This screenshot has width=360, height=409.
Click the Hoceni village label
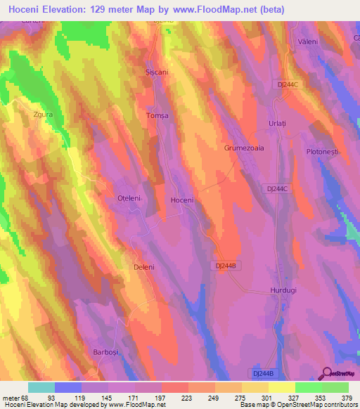coord(181,200)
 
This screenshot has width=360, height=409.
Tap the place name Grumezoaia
coord(243,149)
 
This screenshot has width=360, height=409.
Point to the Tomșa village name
coord(157,115)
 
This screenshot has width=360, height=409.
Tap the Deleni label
coord(143,268)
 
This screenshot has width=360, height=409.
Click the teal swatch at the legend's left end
coord(41,387)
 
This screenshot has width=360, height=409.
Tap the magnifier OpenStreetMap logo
coord(327,373)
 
